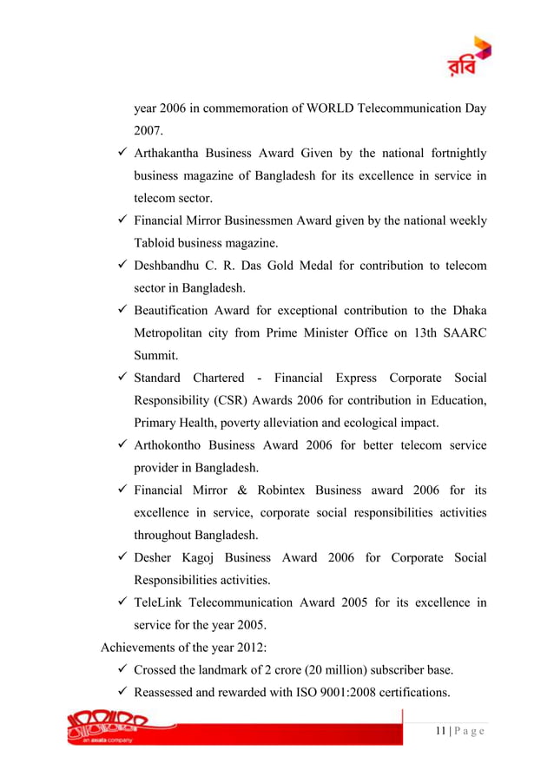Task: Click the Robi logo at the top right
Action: click(470, 56)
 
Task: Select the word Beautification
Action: click(171, 311)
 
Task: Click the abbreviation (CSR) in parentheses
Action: click(225, 400)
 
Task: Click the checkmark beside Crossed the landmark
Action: click(122, 670)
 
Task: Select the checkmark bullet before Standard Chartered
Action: click(122, 378)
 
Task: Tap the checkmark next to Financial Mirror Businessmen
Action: click(122, 220)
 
